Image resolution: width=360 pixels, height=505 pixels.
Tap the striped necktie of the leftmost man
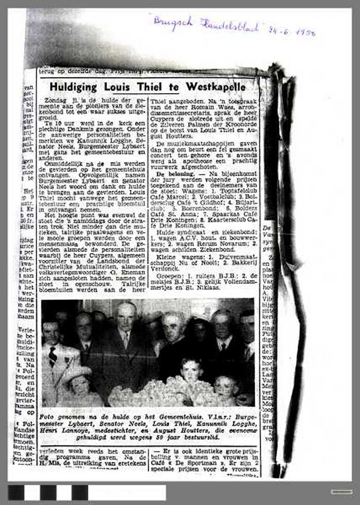[x=52, y=355]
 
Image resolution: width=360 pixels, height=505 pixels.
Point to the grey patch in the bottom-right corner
[x=341, y=492]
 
